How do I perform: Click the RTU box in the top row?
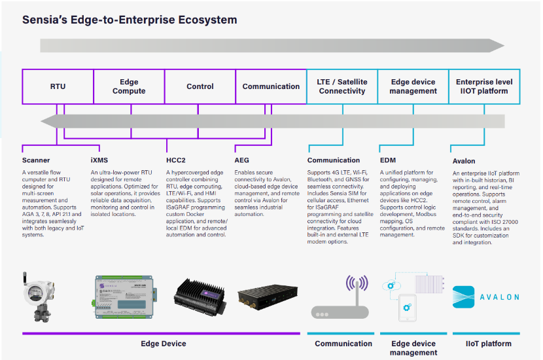[58, 86]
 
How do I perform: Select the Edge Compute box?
[129, 86]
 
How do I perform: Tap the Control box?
[200, 86]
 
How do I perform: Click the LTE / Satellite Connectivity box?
[342, 86]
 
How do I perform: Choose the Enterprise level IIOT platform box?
[484, 86]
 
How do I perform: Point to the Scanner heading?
[36, 160]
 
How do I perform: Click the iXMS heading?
[101, 160]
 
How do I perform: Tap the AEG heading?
[241, 160]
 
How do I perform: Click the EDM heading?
[388, 160]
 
